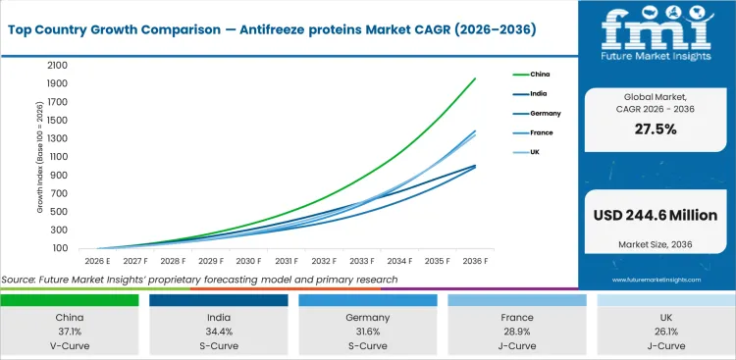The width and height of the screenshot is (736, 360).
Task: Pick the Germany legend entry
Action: coord(544,113)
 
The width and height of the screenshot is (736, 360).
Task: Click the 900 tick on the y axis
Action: coord(58,175)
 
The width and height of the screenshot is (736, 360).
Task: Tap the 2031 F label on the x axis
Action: coord(287,261)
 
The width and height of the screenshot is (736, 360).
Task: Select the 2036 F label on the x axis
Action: coord(476,261)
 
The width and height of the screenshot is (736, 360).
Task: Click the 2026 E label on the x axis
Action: coord(96,261)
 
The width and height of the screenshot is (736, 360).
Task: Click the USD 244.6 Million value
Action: coord(657,215)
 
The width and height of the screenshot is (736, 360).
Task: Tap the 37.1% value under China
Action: coord(69,334)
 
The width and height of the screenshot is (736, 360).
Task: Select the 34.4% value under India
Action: coord(218,334)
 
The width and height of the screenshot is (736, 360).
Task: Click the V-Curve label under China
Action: coord(69,347)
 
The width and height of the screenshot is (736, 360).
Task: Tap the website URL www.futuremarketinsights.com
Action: coord(657,280)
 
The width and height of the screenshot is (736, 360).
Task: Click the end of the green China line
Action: coord(476,78)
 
